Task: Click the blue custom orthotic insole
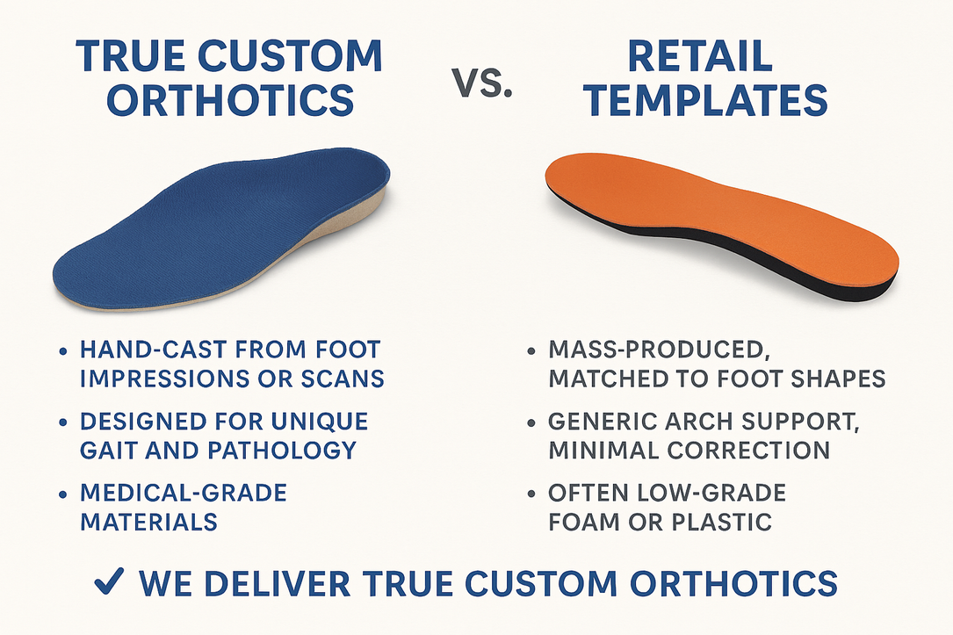222,231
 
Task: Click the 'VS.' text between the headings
482,83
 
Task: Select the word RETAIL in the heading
699,56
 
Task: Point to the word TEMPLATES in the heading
705,99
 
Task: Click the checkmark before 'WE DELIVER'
110,581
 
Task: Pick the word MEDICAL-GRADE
184,493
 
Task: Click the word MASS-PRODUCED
656,350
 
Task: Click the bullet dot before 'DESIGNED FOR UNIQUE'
62,422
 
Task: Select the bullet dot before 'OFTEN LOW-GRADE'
531,494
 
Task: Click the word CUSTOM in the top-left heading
289,56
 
